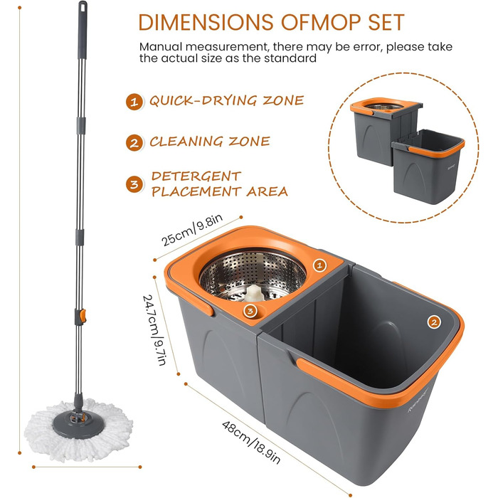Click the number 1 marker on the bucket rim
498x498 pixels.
click(319, 265)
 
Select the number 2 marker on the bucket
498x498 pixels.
click(433, 322)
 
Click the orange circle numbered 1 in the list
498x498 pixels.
click(134, 101)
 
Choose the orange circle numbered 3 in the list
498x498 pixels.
click(134, 184)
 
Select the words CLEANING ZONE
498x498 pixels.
click(209, 142)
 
